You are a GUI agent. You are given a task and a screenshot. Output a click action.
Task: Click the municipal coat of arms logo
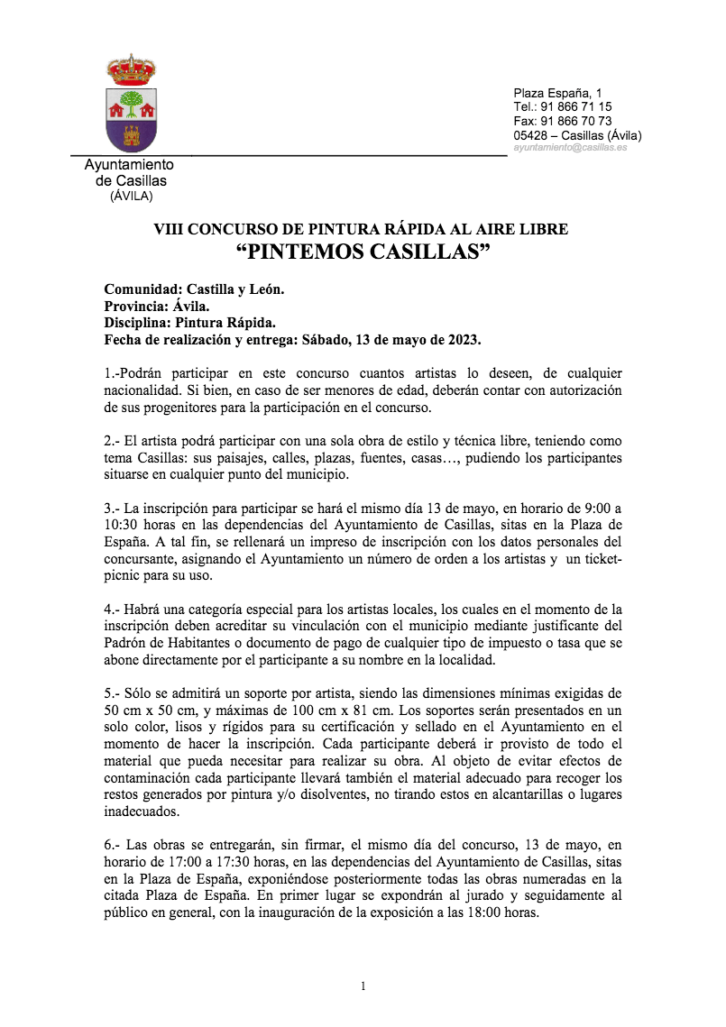(132, 106)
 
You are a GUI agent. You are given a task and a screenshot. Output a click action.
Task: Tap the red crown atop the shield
(132, 69)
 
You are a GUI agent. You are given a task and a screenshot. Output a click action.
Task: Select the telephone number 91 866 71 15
(575, 106)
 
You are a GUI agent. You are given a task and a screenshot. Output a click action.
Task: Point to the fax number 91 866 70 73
(576, 121)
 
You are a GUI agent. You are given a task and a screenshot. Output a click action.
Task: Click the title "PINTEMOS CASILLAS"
(362, 252)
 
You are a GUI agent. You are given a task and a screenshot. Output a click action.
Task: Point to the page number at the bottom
(363, 986)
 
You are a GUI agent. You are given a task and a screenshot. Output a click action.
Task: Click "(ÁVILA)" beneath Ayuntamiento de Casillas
(131, 196)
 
